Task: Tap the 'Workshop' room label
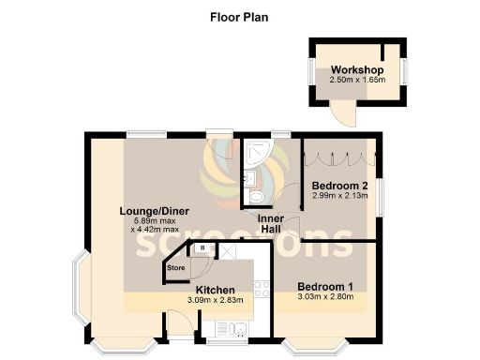(x=356, y=70)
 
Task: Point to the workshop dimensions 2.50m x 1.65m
(x=357, y=82)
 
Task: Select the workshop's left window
(x=309, y=73)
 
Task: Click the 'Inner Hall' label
(x=271, y=223)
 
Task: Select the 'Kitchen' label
(x=215, y=290)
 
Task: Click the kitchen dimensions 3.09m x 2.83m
(x=215, y=300)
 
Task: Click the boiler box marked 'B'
(x=201, y=249)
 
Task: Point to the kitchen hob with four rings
(x=261, y=290)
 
